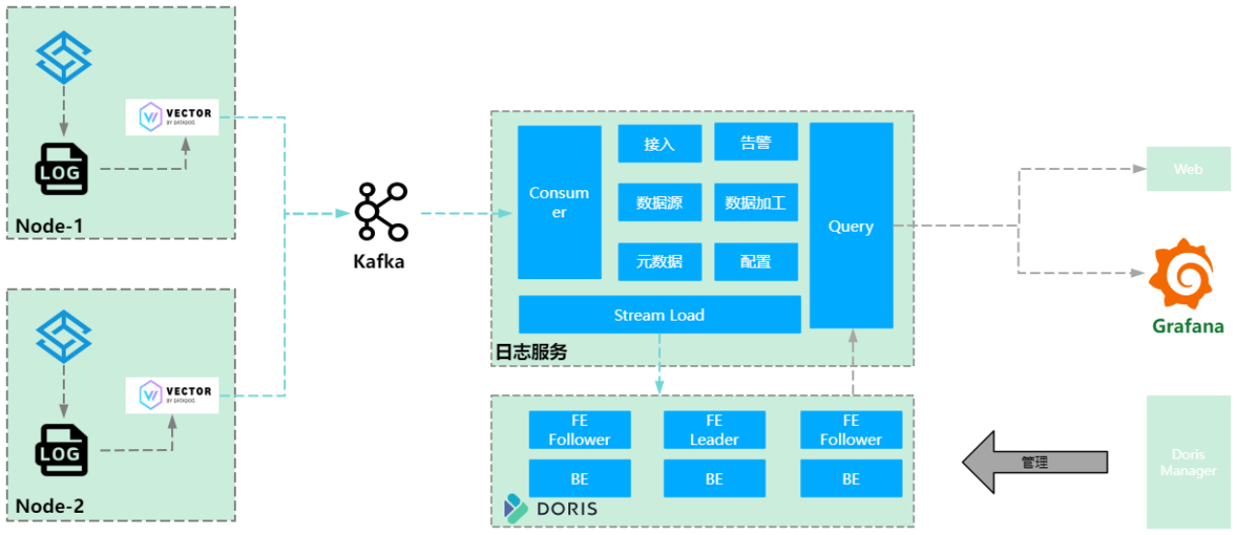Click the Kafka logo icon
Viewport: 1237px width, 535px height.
click(381, 211)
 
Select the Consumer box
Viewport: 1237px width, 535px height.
click(560, 202)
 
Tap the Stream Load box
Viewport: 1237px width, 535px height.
click(659, 315)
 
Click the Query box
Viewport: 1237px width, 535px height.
click(850, 226)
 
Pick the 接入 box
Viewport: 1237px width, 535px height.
click(659, 143)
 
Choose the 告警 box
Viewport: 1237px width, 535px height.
click(756, 142)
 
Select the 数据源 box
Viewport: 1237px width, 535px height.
click(659, 203)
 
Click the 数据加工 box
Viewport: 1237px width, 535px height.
click(756, 203)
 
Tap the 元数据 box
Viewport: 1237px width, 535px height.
click(659, 262)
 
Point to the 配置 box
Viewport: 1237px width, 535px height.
click(756, 262)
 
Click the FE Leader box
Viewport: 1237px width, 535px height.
click(714, 430)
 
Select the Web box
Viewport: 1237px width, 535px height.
click(1188, 169)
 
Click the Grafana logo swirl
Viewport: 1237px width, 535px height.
click(1181, 276)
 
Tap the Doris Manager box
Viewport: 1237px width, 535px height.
click(1188, 463)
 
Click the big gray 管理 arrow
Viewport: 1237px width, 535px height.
click(1034, 462)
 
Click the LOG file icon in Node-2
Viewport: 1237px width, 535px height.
click(62, 451)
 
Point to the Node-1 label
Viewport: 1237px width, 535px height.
click(49, 227)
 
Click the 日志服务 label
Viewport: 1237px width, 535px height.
click(531, 352)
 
